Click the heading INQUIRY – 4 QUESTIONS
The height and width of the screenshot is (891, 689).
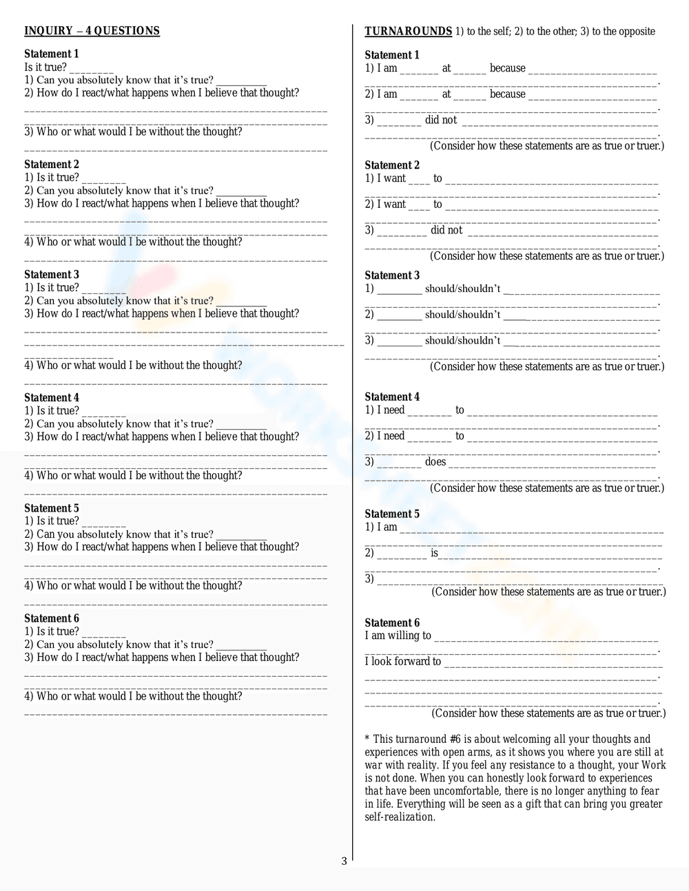click(x=92, y=31)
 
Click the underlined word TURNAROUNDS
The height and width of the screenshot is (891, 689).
click(x=408, y=31)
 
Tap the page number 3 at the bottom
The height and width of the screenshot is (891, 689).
click(x=344, y=861)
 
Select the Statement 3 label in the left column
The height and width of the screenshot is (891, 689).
click(x=52, y=275)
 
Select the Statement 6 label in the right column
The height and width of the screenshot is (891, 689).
click(x=392, y=622)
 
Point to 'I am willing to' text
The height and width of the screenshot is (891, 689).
click(x=398, y=636)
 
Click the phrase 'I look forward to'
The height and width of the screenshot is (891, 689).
click(x=402, y=662)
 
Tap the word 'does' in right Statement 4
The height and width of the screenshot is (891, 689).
click(x=435, y=462)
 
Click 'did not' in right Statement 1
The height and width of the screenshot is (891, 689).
click(x=441, y=120)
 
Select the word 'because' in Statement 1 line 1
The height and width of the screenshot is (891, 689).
click(x=507, y=68)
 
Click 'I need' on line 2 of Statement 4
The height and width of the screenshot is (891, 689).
click(x=391, y=436)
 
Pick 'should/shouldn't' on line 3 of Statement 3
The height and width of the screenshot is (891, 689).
click(x=462, y=341)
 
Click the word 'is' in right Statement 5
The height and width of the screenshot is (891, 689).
click(x=434, y=553)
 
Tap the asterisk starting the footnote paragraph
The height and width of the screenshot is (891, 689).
click(x=367, y=740)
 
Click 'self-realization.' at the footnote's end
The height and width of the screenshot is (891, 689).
click(x=400, y=817)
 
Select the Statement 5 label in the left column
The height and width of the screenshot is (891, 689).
click(x=52, y=508)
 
